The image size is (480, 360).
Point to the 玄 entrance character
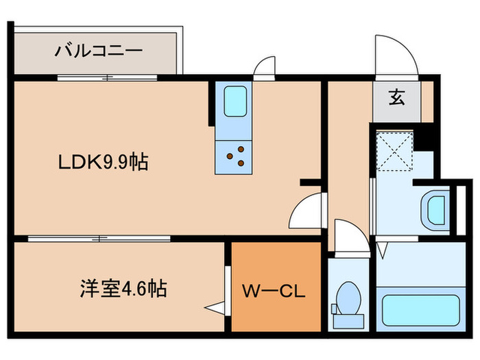click(396, 97)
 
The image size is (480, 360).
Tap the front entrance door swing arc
click(394, 55)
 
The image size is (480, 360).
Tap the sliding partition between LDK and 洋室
click(99, 238)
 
